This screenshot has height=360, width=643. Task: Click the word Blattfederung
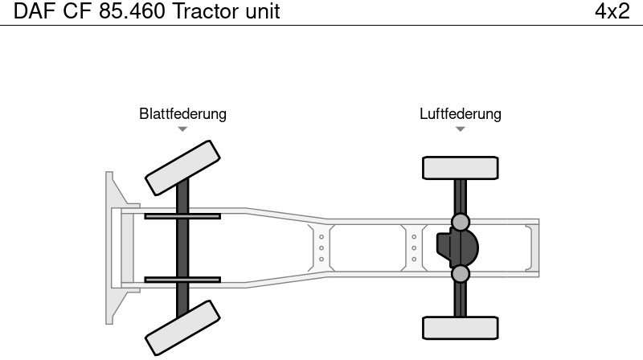pyautogui.click(x=182, y=113)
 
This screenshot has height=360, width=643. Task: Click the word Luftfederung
pyautogui.click(x=460, y=113)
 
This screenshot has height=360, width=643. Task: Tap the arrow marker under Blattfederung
pyautogui.click(x=182, y=129)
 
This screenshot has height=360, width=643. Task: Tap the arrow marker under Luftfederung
pyautogui.click(x=460, y=129)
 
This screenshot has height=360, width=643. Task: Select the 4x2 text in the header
pyautogui.click(x=612, y=12)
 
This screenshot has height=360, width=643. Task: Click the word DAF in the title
pyautogui.click(x=32, y=12)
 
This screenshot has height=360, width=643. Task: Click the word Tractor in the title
pyautogui.click(x=206, y=12)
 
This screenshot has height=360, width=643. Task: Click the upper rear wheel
pyautogui.click(x=460, y=167)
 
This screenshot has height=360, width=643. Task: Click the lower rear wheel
pyautogui.click(x=460, y=328)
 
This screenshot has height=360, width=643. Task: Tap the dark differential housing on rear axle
pyautogui.click(x=457, y=247)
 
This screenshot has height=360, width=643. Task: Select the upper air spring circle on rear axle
pyautogui.click(x=460, y=221)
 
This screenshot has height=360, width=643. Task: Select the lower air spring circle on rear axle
pyautogui.click(x=460, y=274)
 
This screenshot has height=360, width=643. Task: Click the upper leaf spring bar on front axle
pyautogui.click(x=182, y=215)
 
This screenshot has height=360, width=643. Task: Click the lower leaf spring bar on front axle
pyautogui.click(x=182, y=280)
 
